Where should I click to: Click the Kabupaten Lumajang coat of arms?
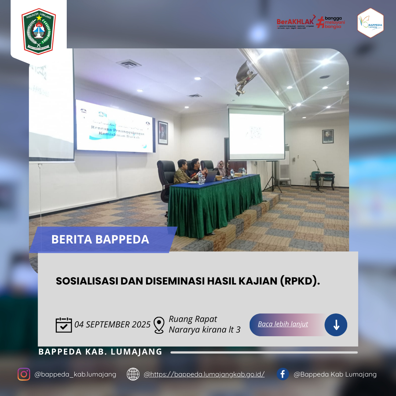click(x=38, y=31)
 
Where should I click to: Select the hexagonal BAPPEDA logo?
click(x=370, y=23)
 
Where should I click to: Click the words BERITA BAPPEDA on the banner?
click(x=100, y=239)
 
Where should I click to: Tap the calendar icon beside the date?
click(x=64, y=325)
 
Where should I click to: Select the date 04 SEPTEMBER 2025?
click(x=113, y=324)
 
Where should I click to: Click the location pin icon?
click(x=159, y=325)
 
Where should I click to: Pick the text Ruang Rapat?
click(x=193, y=319)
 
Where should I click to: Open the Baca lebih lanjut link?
click(x=283, y=324)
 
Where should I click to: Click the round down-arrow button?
click(x=336, y=325)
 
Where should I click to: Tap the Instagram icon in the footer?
click(x=24, y=374)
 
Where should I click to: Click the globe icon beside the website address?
click(x=133, y=374)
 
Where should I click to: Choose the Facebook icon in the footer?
click(x=283, y=374)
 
